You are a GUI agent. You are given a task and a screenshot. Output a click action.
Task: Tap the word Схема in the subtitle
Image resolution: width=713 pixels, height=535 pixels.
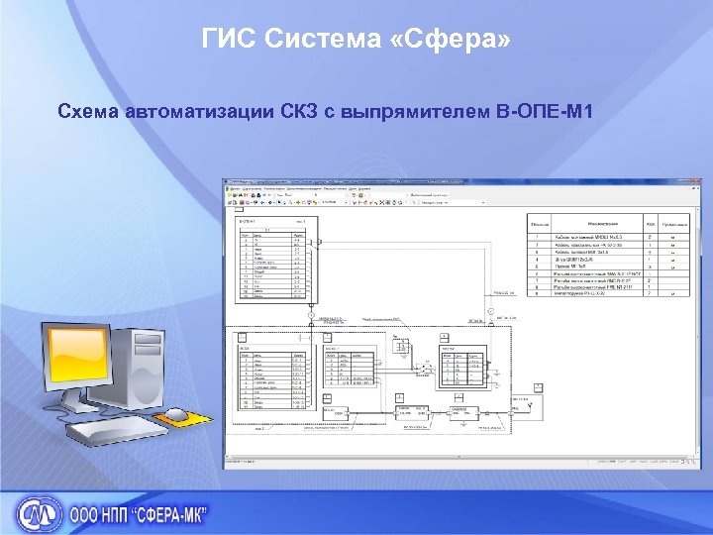pyautogui.click(x=91, y=109)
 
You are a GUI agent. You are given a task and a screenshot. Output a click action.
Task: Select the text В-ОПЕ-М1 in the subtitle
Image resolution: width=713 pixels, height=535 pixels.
pyautogui.click(x=548, y=109)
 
